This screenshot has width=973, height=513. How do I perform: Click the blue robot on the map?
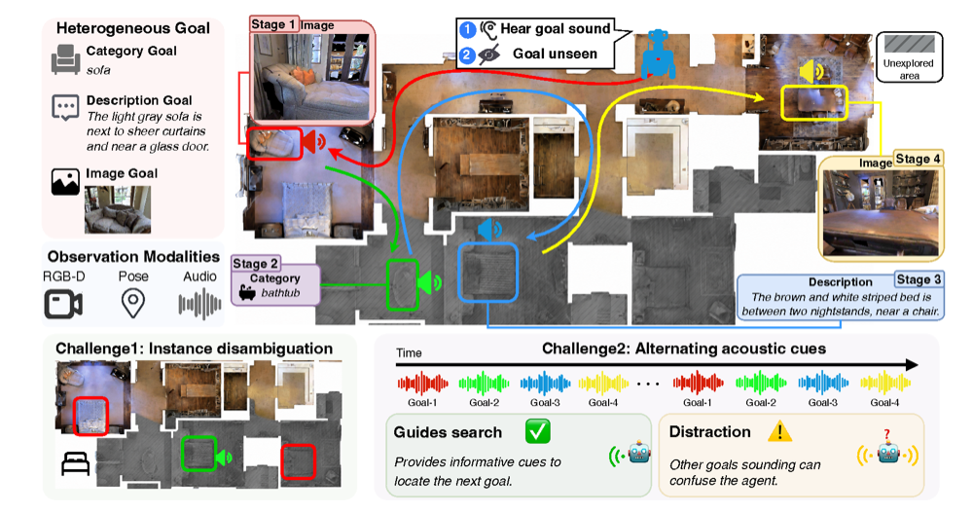pyautogui.click(x=658, y=55)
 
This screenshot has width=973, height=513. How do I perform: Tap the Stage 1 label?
pyautogui.click(x=273, y=24)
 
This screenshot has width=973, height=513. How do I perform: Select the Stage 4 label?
pyautogui.click(x=918, y=159)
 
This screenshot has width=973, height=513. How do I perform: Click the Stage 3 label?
pyautogui.click(x=919, y=279)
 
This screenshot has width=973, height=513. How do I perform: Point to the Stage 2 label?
pyautogui.click(x=255, y=264)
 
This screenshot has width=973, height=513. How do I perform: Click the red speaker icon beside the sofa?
pyautogui.click(x=314, y=142)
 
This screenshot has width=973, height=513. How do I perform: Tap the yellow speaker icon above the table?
pyautogui.click(x=811, y=72)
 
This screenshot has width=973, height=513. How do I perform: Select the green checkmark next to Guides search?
pyautogui.click(x=537, y=431)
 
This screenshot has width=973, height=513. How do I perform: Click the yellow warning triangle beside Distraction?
pyautogui.click(x=779, y=430)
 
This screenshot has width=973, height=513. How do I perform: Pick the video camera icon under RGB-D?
pyautogui.click(x=63, y=305)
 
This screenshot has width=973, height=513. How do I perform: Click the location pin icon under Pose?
pyautogui.click(x=132, y=304)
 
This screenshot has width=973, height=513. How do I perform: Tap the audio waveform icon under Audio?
pyautogui.click(x=199, y=305)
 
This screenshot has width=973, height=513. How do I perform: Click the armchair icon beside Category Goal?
pyautogui.click(x=66, y=59)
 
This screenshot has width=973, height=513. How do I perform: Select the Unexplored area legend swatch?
pyautogui.click(x=909, y=44)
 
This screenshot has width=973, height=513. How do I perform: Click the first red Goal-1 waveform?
pyautogui.click(x=422, y=384)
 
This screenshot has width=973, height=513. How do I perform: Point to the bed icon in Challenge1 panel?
pyautogui.click(x=76, y=464)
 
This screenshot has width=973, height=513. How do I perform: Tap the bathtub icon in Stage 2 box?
pyautogui.click(x=247, y=293)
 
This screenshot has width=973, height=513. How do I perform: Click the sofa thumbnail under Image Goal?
pyautogui.click(x=118, y=209)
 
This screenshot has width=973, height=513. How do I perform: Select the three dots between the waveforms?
pyautogui.click(x=648, y=384)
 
